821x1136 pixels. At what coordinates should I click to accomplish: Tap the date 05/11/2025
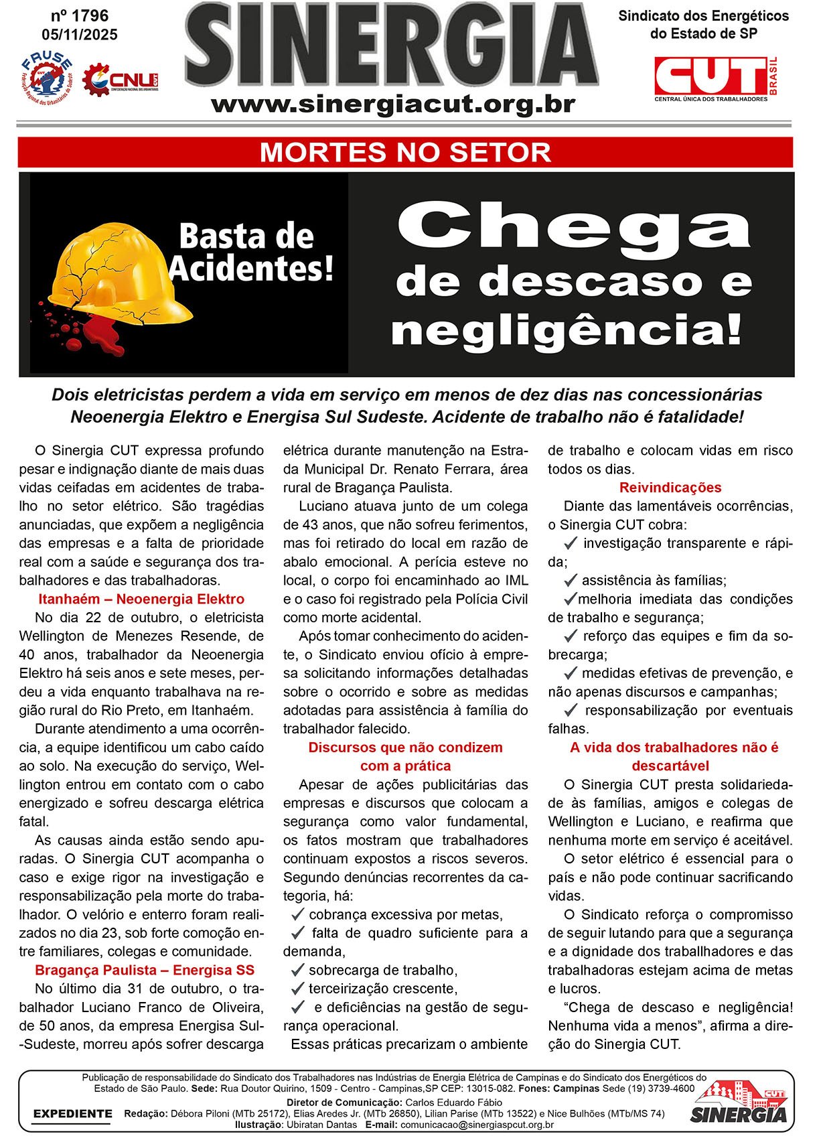coord(79,35)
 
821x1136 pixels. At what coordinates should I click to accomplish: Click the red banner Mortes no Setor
coord(405,153)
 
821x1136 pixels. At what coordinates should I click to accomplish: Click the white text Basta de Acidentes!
coord(250,253)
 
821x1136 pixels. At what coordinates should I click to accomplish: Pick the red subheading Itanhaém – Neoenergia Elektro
coord(141,599)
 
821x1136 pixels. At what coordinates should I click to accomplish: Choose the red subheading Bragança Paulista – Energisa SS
coord(145,970)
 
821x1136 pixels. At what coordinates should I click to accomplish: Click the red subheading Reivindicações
coord(670,488)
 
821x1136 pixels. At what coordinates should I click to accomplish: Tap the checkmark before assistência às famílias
coord(571,580)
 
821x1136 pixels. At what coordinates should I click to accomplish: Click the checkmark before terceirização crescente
coord(298,988)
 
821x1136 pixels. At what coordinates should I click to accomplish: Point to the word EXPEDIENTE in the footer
coord(73,1113)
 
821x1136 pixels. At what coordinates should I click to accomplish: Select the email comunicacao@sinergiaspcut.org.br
coord(477,1125)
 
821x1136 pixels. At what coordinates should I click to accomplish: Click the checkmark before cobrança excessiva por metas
coord(298,914)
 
